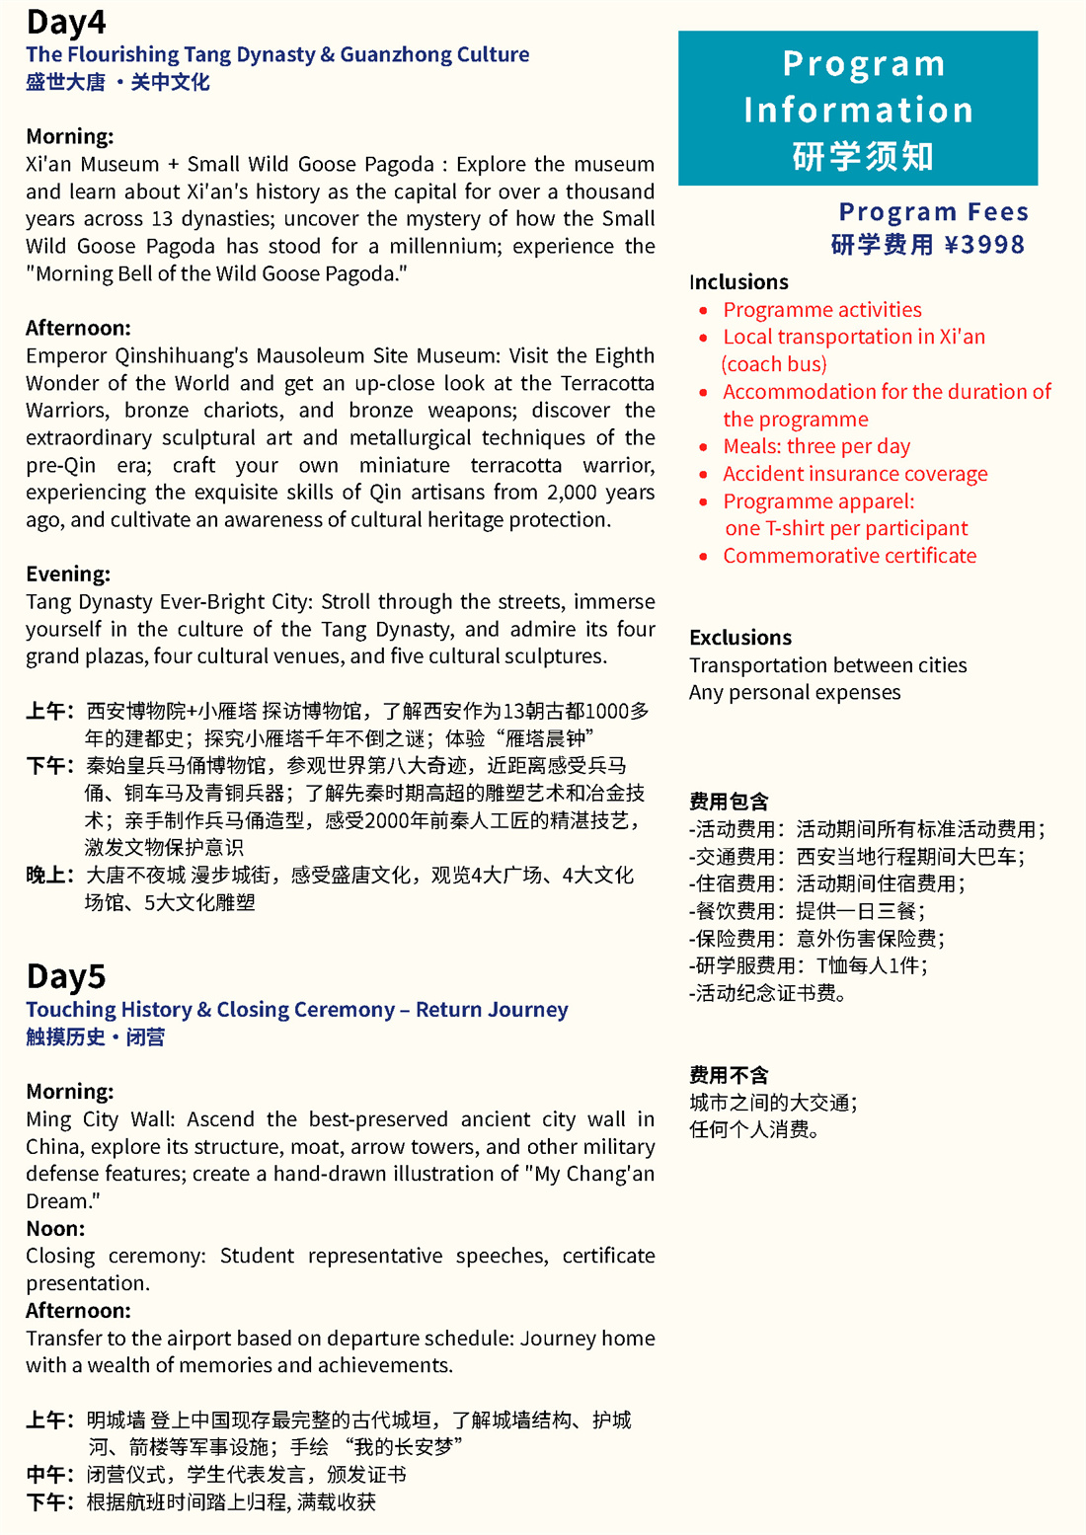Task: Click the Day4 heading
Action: (x=66, y=22)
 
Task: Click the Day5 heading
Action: (x=66, y=976)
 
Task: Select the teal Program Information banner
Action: (x=858, y=109)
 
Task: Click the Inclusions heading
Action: (x=738, y=282)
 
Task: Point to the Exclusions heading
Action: (x=740, y=638)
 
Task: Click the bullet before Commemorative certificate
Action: (x=703, y=557)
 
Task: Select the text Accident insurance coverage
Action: (x=855, y=474)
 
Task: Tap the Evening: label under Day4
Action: (x=68, y=575)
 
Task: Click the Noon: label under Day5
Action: (x=55, y=1229)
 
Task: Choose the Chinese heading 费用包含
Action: (x=729, y=802)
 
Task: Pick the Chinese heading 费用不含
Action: (x=729, y=1075)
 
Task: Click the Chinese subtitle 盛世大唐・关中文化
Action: (x=117, y=82)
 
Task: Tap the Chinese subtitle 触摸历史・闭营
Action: (x=96, y=1036)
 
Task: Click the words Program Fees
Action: (x=933, y=212)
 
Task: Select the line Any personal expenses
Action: (x=795, y=693)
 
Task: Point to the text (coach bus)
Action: (x=774, y=364)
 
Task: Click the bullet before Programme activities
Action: (x=703, y=310)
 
